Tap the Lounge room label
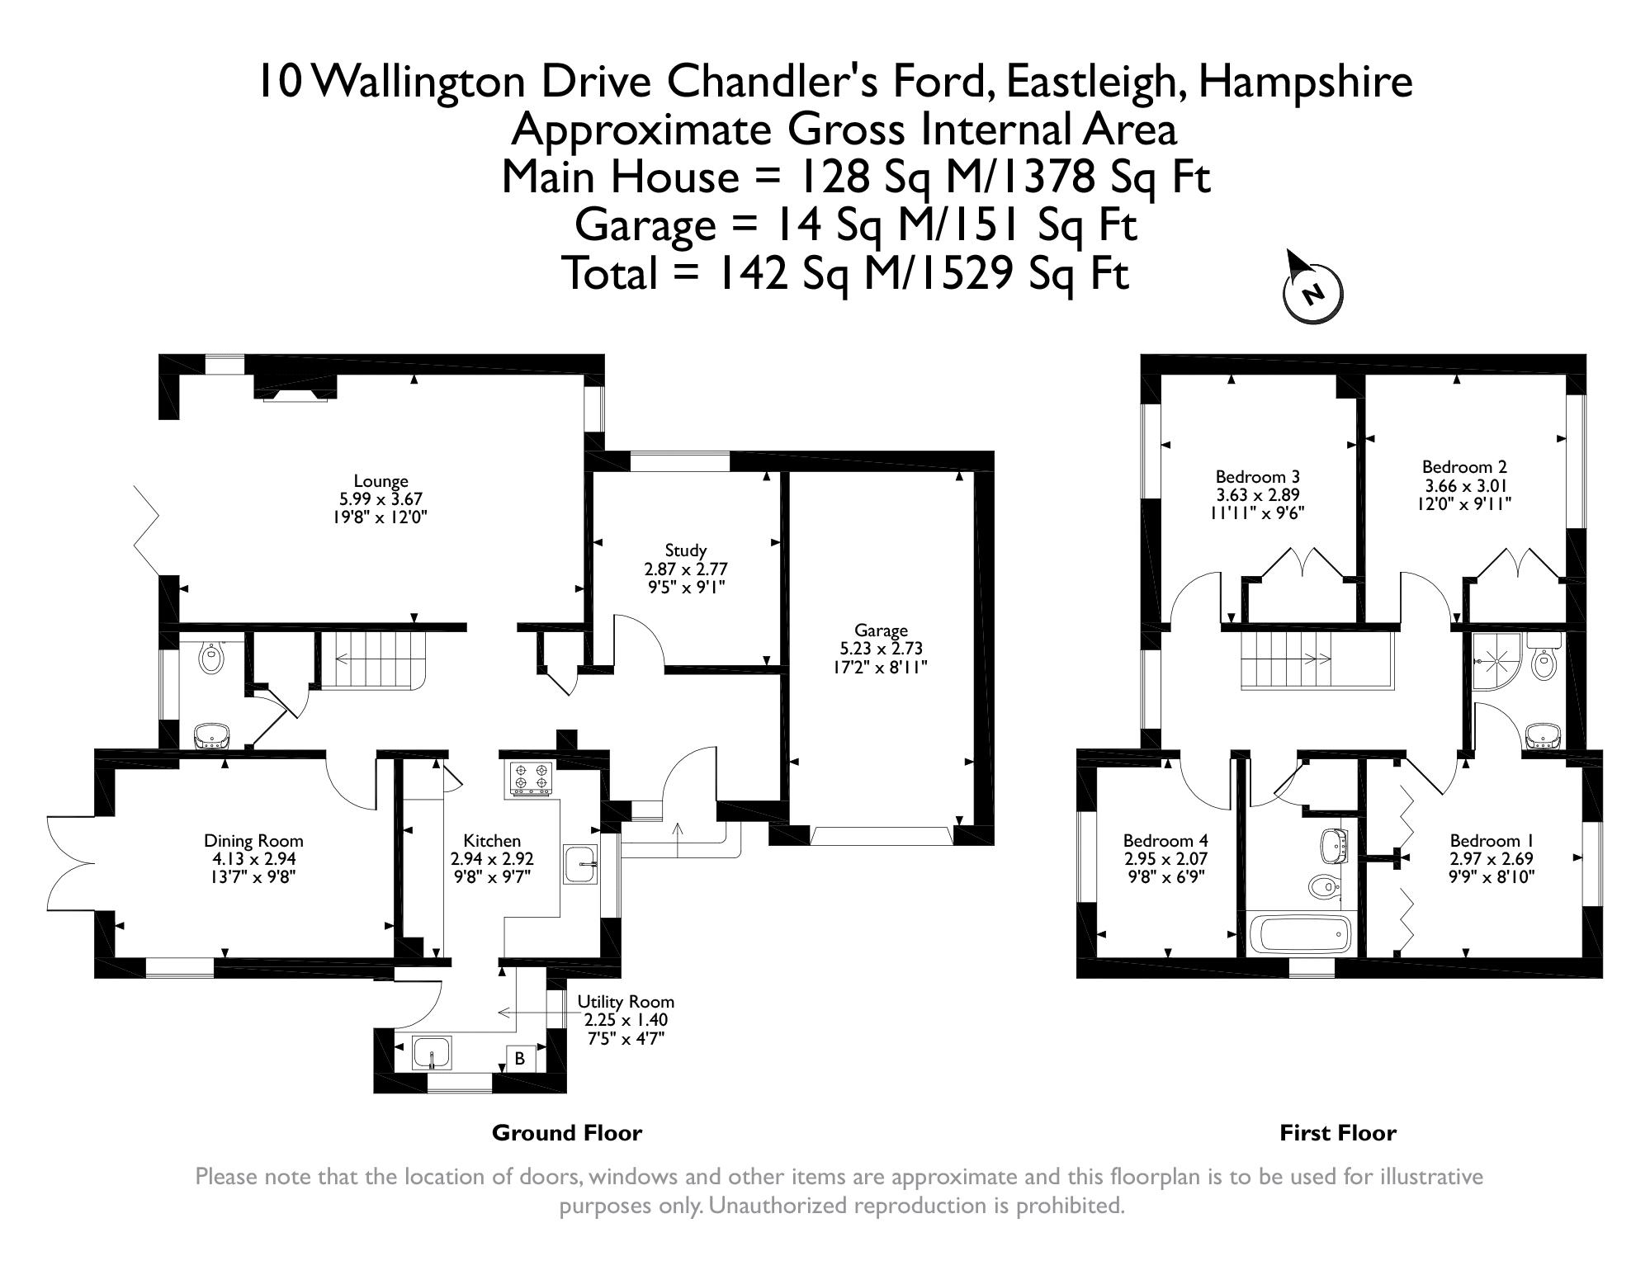click(381, 481)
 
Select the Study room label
click(686, 550)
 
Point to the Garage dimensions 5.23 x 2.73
click(881, 649)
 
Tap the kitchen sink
click(580, 864)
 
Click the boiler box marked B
click(520, 1058)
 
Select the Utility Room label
click(626, 1002)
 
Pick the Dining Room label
click(253, 841)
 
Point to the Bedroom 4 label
click(1165, 841)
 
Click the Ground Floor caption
click(567, 1133)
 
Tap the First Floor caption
click(1338, 1133)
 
